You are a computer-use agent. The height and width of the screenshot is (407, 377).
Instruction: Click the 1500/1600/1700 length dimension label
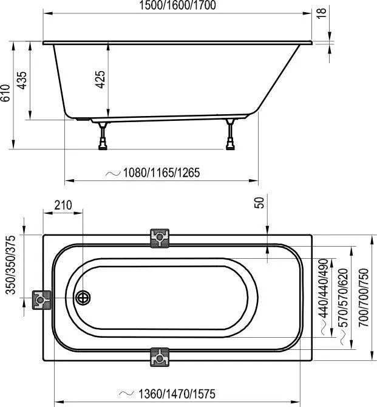pos(177,5)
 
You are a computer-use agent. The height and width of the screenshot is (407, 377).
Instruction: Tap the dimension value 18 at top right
pos(321,13)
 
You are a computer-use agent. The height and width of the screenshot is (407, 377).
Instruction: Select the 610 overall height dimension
pos(5,93)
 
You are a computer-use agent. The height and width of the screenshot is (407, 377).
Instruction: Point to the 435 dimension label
pos(22,80)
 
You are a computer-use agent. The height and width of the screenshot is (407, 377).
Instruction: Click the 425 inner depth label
pos(100,80)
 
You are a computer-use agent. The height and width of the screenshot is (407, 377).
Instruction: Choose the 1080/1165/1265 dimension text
pos(161,173)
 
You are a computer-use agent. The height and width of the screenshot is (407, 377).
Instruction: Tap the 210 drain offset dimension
pos(63,205)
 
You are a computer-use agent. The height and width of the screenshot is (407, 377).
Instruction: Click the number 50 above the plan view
pos(259,202)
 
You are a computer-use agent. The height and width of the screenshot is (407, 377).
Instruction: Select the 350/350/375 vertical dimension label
pos(10,265)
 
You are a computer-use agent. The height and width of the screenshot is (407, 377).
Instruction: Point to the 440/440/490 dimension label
pos(324,289)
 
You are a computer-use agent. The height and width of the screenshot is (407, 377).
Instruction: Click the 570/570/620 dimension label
pos(343,298)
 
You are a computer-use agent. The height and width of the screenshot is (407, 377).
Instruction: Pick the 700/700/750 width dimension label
pos(364,298)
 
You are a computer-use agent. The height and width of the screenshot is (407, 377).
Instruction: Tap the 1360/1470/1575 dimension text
pos(177,394)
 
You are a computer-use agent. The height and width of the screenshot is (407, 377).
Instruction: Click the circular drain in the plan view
pos(83,298)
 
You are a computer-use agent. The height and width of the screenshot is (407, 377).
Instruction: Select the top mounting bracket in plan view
pos(160,238)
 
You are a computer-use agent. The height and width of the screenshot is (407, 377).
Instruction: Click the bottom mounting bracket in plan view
pos(160,357)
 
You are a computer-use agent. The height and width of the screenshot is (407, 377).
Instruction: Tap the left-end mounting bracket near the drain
pos(41,300)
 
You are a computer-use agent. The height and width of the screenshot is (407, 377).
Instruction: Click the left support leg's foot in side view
pos(103,145)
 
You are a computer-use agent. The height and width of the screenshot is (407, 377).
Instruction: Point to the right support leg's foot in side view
pos(230,145)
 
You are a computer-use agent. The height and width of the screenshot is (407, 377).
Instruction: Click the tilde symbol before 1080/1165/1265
pos(113,173)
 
